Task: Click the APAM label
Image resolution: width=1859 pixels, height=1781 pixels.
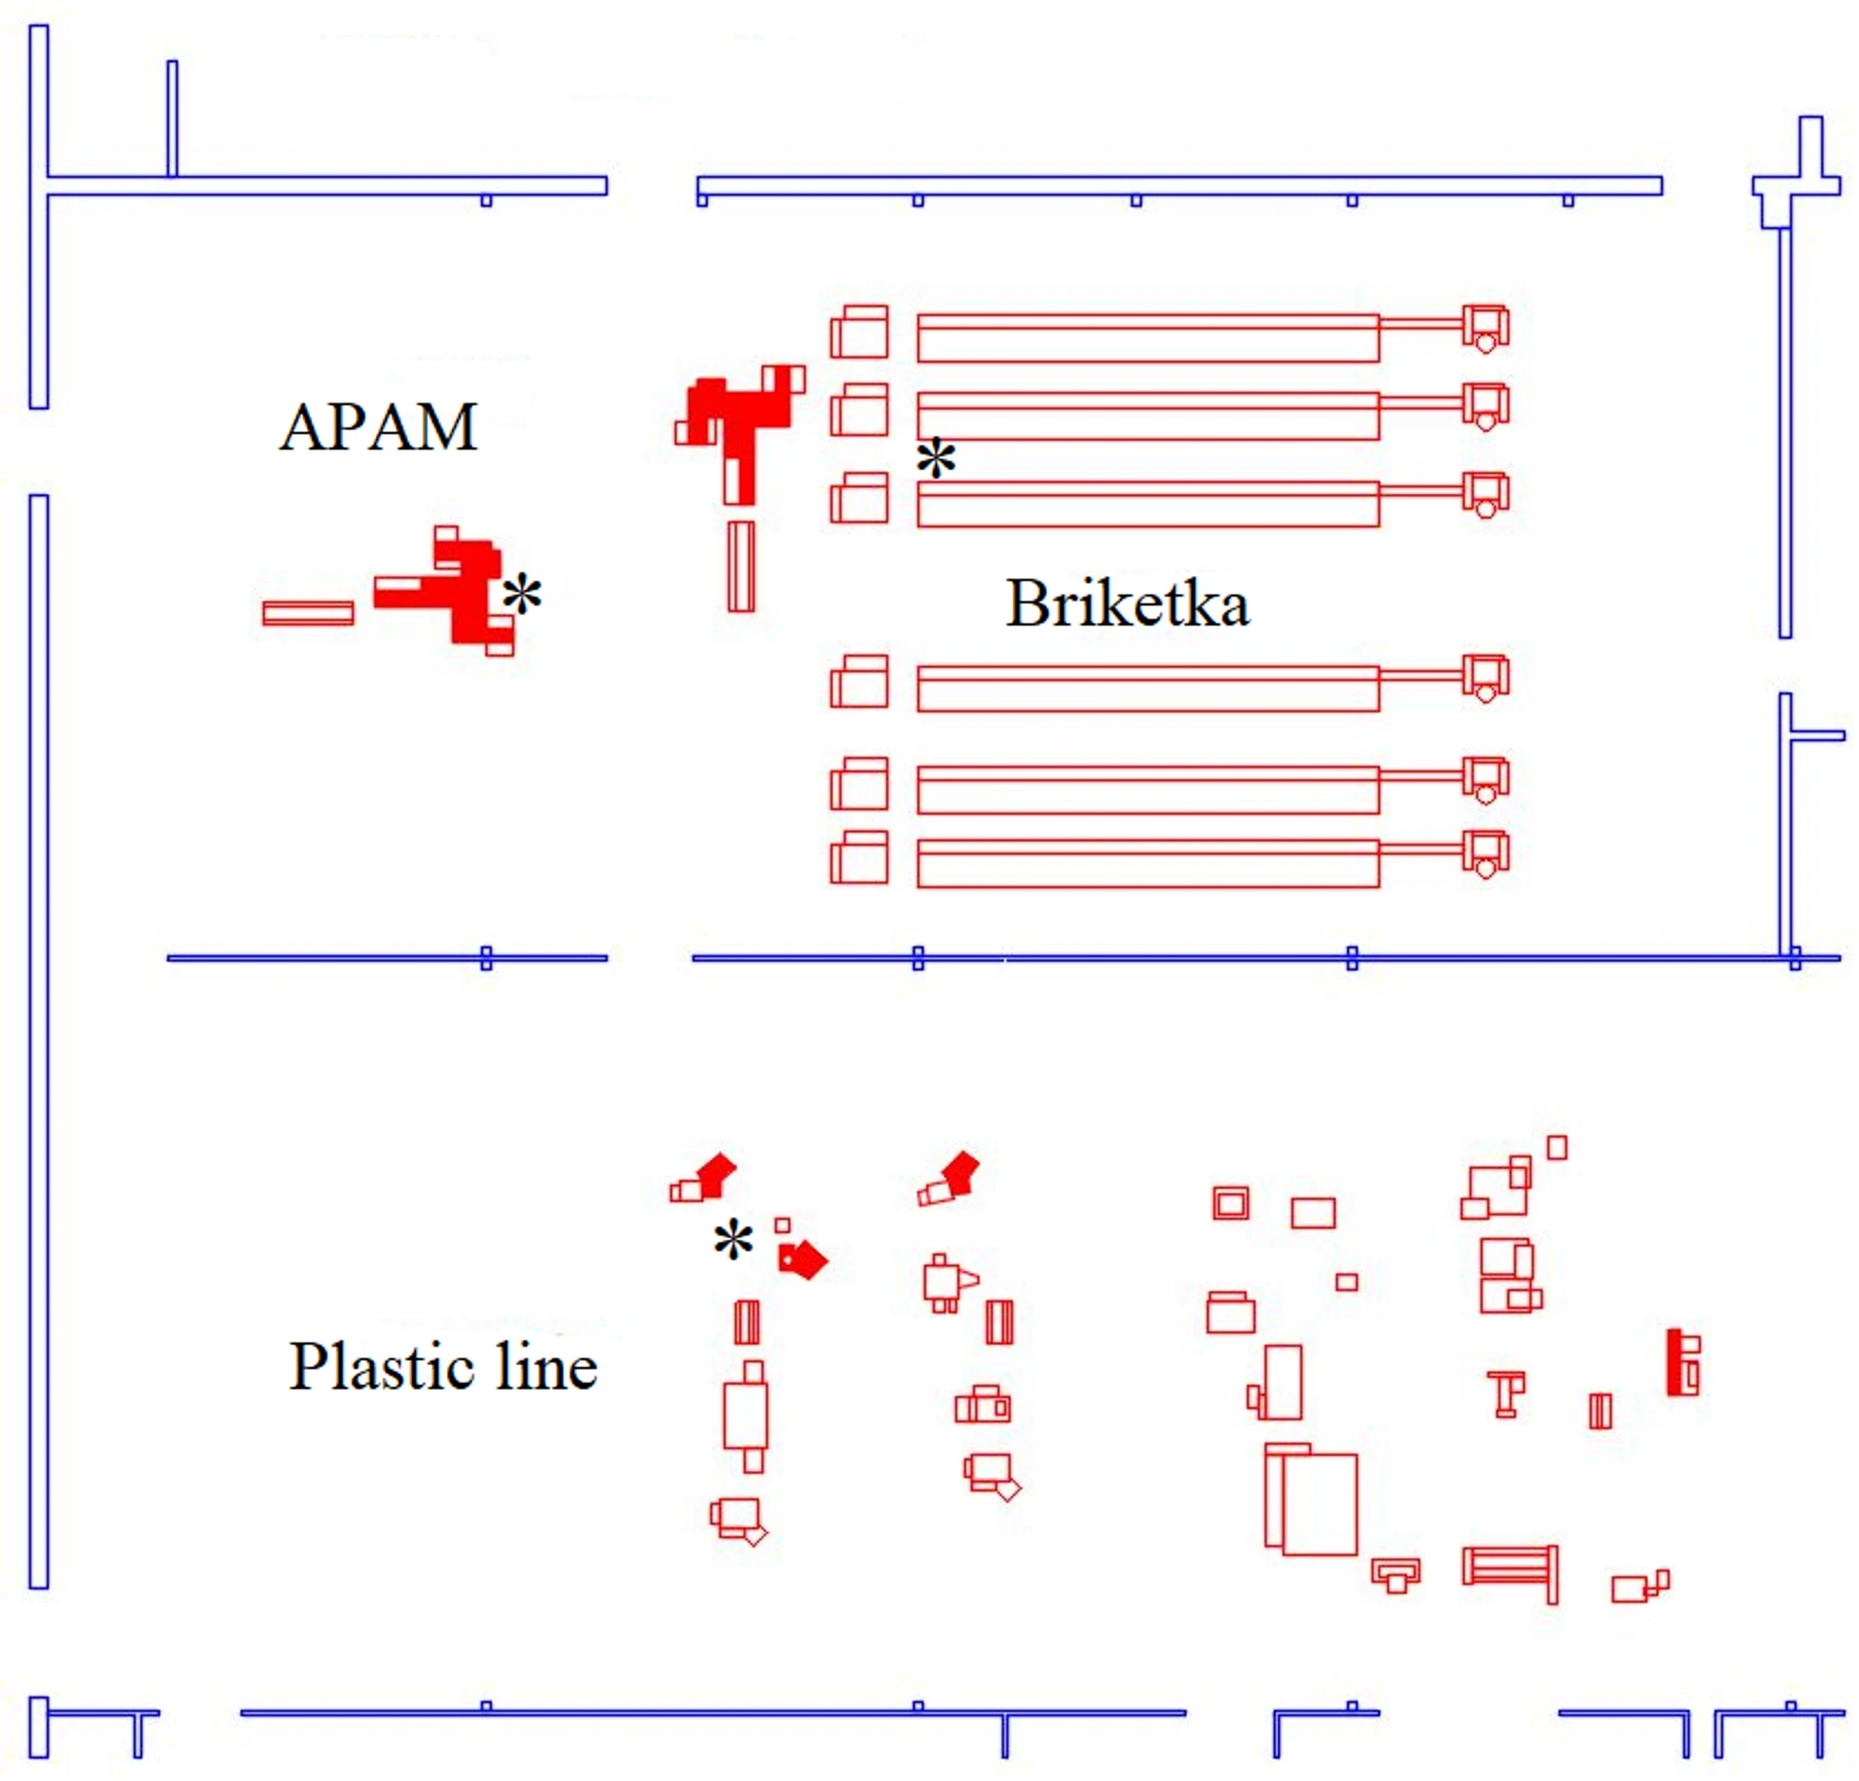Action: click(378, 428)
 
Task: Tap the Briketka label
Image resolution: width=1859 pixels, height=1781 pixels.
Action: click(1128, 604)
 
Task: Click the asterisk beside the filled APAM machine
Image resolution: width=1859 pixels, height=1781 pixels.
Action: click(521, 594)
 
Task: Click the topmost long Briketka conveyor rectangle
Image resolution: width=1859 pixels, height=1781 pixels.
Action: click(1148, 339)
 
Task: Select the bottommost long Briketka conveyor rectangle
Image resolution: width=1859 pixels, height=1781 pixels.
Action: click(1148, 864)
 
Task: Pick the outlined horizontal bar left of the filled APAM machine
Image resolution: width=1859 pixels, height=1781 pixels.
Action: click(308, 614)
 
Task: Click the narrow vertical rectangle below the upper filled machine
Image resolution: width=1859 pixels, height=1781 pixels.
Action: click(742, 567)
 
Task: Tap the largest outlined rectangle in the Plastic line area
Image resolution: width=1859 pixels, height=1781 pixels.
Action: click(1319, 1505)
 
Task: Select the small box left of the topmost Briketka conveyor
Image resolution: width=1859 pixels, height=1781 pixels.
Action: click(859, 331)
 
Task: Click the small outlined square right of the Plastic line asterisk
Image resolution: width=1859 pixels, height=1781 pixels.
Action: click(781, 1226)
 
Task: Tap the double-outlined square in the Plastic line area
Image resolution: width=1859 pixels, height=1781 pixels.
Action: click(1230, 1203)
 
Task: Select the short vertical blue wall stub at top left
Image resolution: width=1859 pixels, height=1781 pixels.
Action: click(171, 118)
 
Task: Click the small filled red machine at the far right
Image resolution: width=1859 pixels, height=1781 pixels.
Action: click(1682, 1362)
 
